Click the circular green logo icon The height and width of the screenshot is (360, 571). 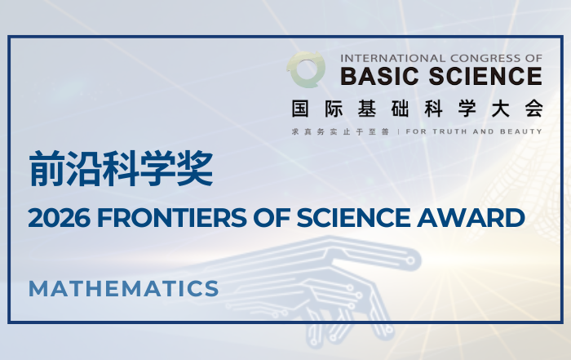tap(306, 69)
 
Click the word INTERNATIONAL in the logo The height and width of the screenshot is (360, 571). tap(393, 58)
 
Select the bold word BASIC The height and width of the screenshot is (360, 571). tap(379, 76)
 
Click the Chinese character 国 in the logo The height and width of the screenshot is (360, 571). tap(300, 109)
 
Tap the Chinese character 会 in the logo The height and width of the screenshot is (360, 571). tap(533, 109)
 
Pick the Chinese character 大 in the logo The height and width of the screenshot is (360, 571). tap(500, 109)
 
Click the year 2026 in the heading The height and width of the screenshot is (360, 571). tap(59, 218)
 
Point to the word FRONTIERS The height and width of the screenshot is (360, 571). tap(172, 218)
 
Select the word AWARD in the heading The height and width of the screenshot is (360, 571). tap(471, 218)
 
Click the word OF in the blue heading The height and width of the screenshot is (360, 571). tap(272, 218)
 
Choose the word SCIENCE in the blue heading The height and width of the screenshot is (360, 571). tap(353, 218)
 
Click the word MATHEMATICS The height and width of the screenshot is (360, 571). tap(124, 289)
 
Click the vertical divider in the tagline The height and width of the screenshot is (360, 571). tap(398, 131)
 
